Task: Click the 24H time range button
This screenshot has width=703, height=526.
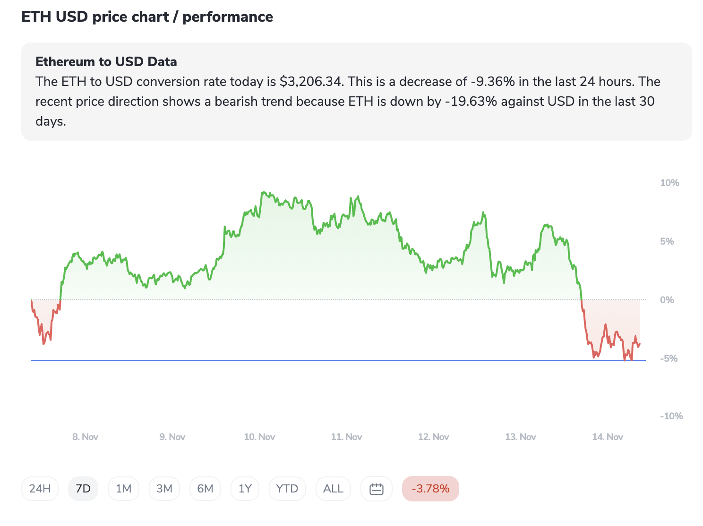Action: pyautogui.click(x=40, y=489)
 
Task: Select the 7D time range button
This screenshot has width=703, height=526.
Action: pyautogui.click(x=83, y=489)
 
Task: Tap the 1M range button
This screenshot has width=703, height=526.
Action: pyautogui.click(x=123, y=489)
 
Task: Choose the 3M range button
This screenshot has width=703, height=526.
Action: pyautogui.click(x=164, y=489)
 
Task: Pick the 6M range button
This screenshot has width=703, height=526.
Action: pyautogui.click(x=205, y=489)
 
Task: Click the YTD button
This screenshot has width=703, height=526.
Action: pyautogui.click(x=287, y=489)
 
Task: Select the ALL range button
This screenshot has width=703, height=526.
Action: pyautogui.click(x=333, y=489)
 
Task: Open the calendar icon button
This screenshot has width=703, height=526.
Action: pyautogui.click(x=376, y=489)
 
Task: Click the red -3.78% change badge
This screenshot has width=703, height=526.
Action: pyautogui.click(x=430, y=489)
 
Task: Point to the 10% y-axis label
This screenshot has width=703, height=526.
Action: pyautogui.click(x=669, y=183)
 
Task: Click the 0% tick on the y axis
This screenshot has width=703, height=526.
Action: pyautogui.click(x=667, y=300)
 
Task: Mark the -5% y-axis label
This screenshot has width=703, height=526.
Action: pyautogui.click(x=669, y=359)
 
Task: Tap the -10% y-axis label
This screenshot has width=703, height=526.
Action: pyautogui.click(x=671, y=416)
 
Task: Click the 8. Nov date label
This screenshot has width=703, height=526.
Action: pyautogui.click(x=85, y=437)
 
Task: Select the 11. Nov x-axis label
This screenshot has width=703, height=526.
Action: pyautogui.click(x=346, y=437)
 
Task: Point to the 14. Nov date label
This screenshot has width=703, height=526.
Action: pyautogui.click(x=607, y=437)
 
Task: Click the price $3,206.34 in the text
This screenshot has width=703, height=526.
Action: pyautogui.click(x=310, y=82)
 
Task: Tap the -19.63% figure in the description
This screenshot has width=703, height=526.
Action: pyautogui.click(x=471, y=102)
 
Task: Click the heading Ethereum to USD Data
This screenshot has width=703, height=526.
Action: pyautogui.click(x=106, y=62)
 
